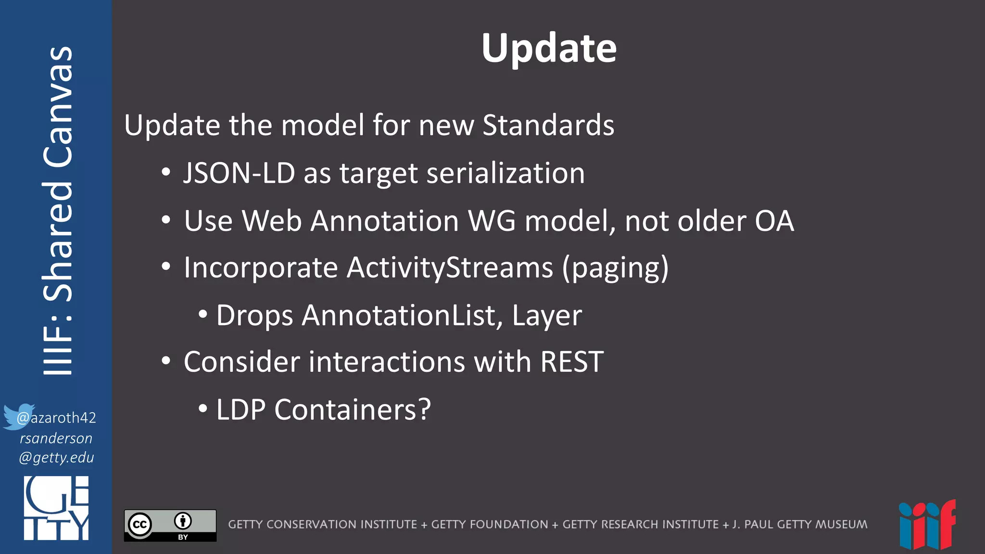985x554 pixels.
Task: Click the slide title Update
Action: tap(549, 48)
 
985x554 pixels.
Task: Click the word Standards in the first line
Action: tap(548, 126)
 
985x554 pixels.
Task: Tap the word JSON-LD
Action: tap(239, 173)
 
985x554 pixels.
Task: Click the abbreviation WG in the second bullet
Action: tap(492, 221)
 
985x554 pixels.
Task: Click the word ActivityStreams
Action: tap(450, 267)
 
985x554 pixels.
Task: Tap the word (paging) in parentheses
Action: tap(615, 268)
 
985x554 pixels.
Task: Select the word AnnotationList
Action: tap(402, 315)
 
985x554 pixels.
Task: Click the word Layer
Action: tap(547, 315)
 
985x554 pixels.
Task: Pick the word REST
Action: tap(572, 362)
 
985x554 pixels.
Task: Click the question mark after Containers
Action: tap(424, 410)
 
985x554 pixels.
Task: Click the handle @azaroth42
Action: tap(56, 417)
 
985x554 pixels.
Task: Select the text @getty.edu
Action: tap(56, 457)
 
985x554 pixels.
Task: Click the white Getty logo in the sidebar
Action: tap(56, 508)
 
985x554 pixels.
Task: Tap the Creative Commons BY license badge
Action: tap(170, 525)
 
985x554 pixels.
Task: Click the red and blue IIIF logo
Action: tap(927, 525)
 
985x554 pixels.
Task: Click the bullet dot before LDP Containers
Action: tap(203, 409)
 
